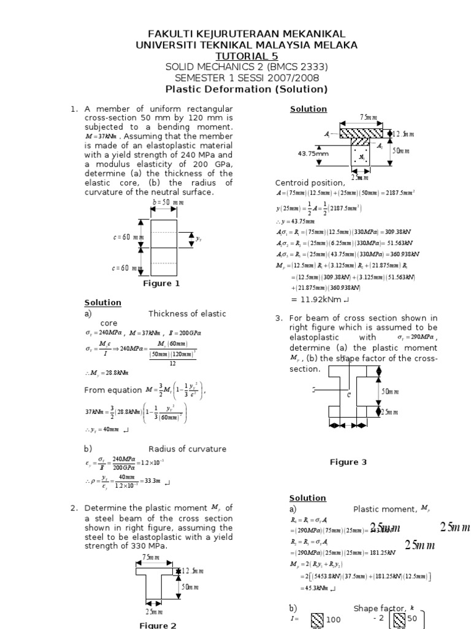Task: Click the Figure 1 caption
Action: point(161,283)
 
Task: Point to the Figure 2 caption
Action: point(157,625)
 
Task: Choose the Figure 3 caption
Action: point(348,462)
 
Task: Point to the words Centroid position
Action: point(310,182)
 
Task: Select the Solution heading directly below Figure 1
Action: point(102,303)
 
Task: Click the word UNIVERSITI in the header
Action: point(167,45)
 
